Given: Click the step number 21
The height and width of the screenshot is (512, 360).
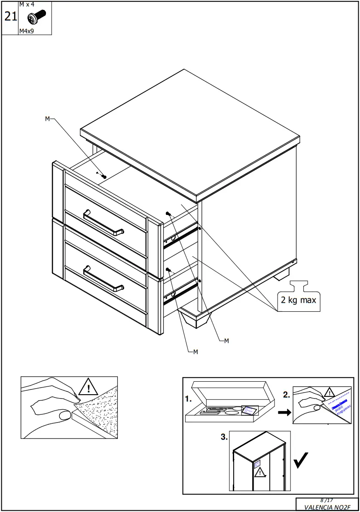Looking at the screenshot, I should (10, 17).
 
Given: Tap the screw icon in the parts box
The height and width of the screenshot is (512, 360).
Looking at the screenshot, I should (36, 18).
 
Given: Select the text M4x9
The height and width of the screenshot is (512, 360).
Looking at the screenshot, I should (27, 31).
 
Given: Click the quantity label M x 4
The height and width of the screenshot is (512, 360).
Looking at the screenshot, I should (27, 4).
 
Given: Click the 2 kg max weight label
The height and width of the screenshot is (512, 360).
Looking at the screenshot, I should (298, 299).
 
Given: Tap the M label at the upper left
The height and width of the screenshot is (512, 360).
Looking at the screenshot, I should (47, 119).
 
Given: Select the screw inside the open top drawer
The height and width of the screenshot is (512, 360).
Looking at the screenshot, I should (104, 176).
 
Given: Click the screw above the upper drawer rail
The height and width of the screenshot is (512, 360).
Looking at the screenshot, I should (168, 214).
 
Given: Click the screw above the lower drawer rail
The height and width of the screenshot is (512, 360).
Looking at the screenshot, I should (168, 270).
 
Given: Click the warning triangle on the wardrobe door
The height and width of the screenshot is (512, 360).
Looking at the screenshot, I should (259, 473).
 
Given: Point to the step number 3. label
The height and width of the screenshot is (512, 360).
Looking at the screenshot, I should (224, 437).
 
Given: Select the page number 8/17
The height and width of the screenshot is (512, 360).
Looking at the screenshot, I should (327, 500).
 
